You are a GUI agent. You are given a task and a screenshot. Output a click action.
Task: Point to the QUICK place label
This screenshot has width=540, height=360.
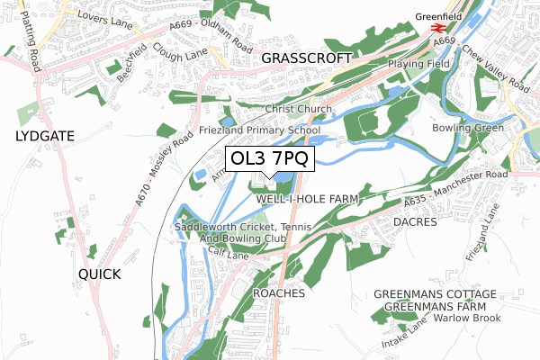click(98, 274)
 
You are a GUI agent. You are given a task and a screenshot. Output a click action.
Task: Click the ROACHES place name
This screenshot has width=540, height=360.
click(280, 293)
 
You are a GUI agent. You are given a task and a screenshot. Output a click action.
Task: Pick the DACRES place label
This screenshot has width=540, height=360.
click(414, 221)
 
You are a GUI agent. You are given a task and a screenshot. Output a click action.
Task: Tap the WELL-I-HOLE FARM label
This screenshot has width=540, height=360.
click(307, 198)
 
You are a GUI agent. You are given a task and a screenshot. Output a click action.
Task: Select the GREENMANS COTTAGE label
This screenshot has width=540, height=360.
click(435, 294)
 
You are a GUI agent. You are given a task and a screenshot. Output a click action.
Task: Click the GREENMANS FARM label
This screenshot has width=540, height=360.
click(436, 307)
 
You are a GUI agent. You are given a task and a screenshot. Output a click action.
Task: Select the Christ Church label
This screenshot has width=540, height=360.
click(298, 109)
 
